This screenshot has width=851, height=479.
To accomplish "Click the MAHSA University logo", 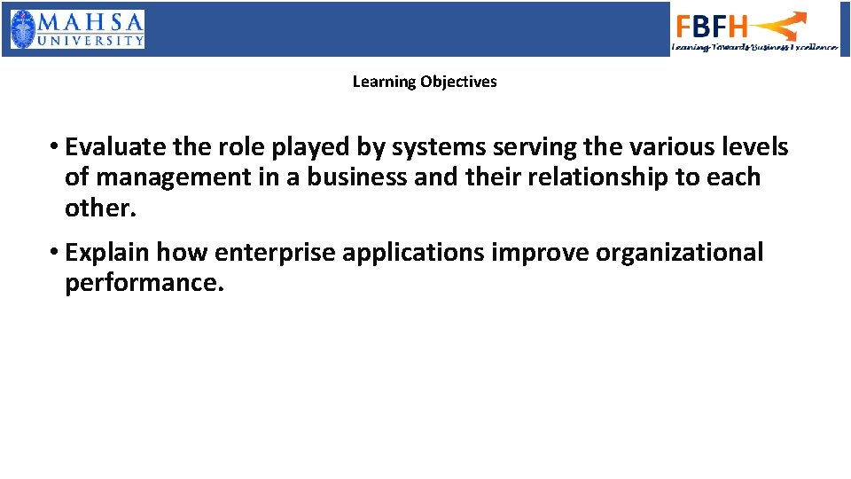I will pos(77,29).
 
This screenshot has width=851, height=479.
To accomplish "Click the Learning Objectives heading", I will pos(425,82).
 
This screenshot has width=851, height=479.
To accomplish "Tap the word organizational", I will pos(679,253).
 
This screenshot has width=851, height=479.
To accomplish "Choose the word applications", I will pos(413,253).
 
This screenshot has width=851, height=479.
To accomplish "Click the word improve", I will pos(540,253).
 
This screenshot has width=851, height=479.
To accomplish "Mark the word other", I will pos(100,208).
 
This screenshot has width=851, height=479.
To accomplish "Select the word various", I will pos(663,146).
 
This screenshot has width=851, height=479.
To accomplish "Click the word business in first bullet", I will pos(358,177).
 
